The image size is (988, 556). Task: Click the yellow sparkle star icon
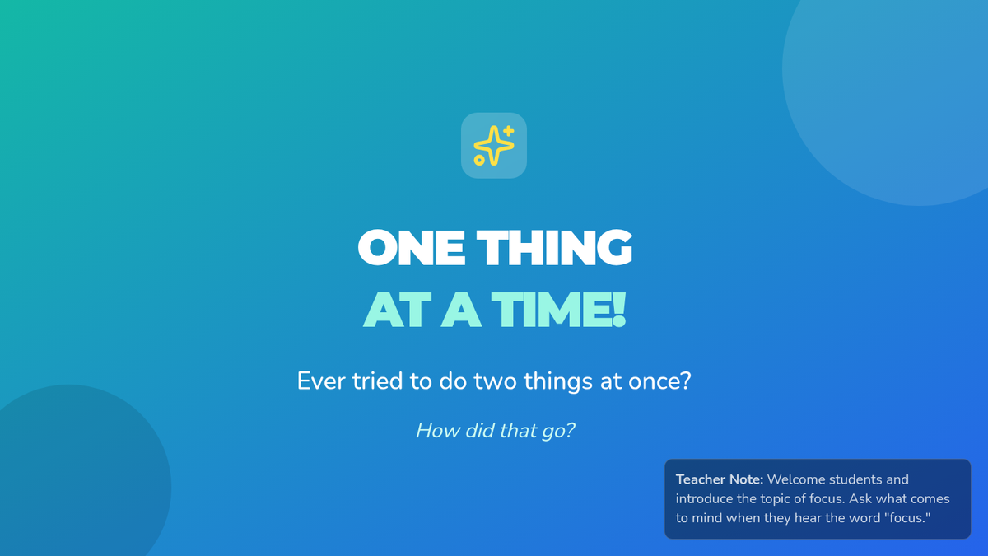(493, 146)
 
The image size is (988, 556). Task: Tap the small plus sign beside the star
(509, 131)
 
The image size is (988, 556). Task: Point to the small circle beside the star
(479, 160)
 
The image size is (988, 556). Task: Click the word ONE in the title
(411, 248)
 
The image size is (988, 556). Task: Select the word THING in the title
(554, 248)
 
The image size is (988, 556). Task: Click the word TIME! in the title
(558, 310)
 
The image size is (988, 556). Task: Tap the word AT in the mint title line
(397, 310)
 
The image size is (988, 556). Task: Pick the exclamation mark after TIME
(619, 310)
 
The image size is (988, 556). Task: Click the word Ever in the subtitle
(321, 381)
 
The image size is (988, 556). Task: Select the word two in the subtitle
(495, 381)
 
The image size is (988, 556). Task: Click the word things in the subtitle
(558, 381)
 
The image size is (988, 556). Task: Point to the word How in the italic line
(437, 431)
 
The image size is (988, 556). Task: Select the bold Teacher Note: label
(720, 479)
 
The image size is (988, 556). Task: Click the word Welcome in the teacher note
(795, 479)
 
